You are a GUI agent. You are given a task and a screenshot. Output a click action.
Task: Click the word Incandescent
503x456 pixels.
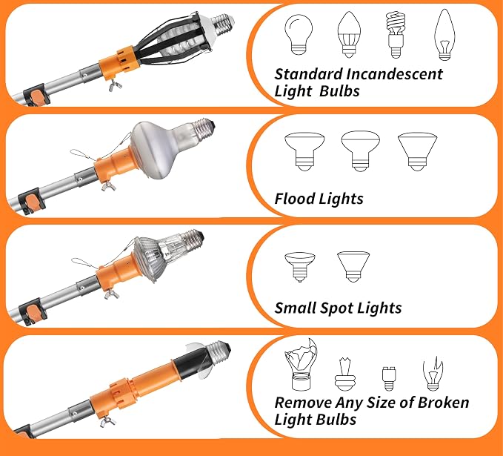coord(395,74)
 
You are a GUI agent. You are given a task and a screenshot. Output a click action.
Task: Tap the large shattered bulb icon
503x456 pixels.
coord(301,364)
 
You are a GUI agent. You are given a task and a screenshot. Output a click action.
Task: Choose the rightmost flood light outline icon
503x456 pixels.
coord(417,151)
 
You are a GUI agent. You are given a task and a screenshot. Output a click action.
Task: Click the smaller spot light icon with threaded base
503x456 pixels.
coord(299,267)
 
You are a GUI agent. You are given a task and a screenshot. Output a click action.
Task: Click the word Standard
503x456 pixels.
coord(309,74)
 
